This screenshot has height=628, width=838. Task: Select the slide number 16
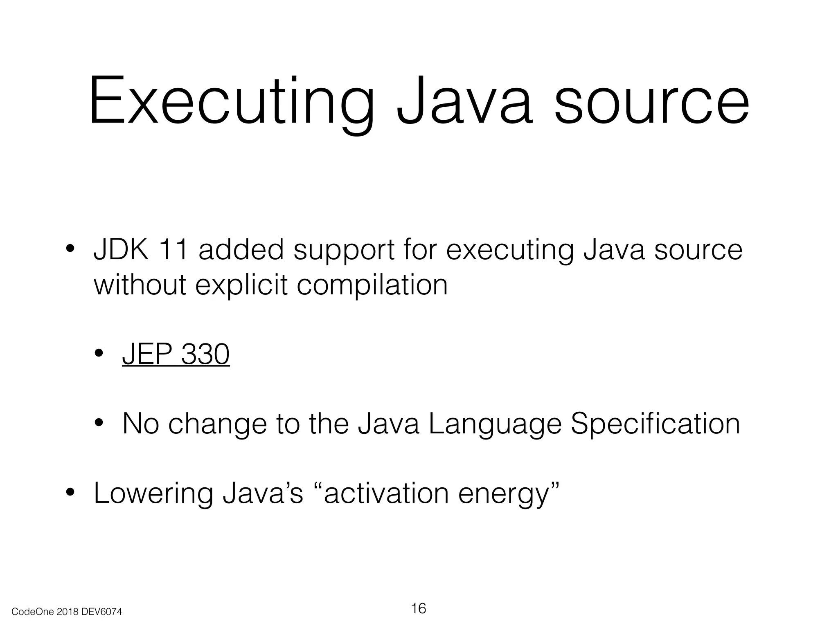point(418,608)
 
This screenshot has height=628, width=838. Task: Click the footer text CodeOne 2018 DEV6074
point(67,612)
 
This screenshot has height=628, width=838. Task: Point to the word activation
point(386,493)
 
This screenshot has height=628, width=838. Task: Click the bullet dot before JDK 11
point(70,249)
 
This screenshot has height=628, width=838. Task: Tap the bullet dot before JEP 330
point(99,353)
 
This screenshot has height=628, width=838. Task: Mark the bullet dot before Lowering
point(70,493)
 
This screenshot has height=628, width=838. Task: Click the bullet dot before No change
point(99,423)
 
